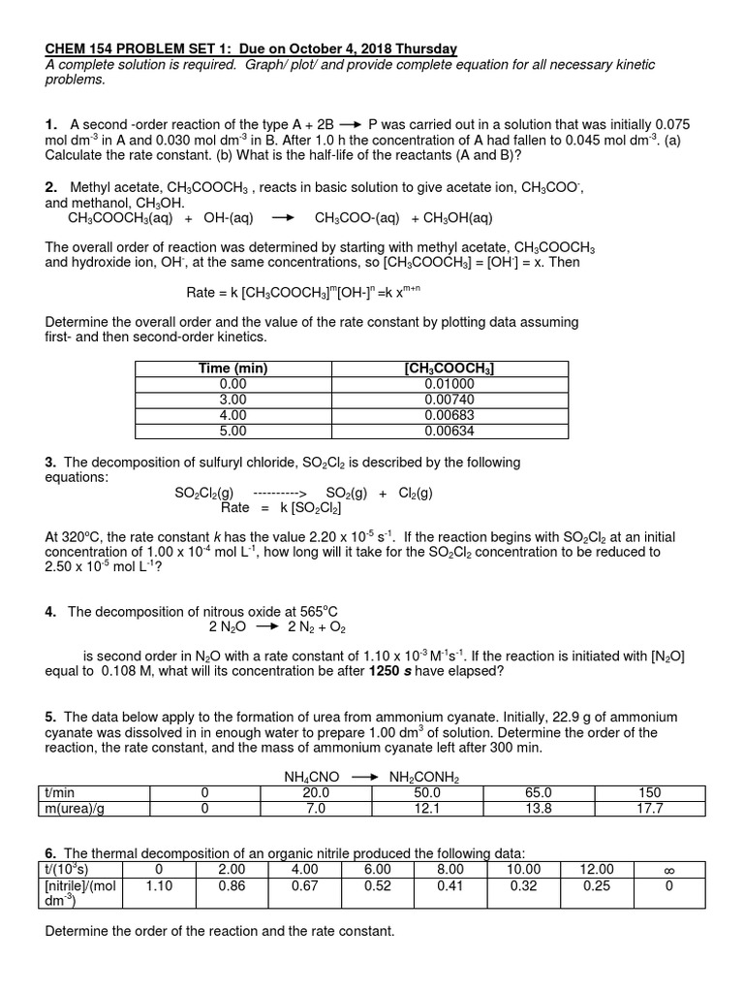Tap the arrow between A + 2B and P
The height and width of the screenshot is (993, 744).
click(x=350, y=125)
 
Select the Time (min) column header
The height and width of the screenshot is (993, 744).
click(x=232, y=368)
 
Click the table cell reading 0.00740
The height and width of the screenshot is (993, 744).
click(x=450, y=400)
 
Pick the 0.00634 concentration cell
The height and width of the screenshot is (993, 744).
click(x=450, y=431)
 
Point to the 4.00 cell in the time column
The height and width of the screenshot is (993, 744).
click(x=232, y=415)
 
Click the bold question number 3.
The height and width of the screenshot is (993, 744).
click(x=50, y=463)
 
